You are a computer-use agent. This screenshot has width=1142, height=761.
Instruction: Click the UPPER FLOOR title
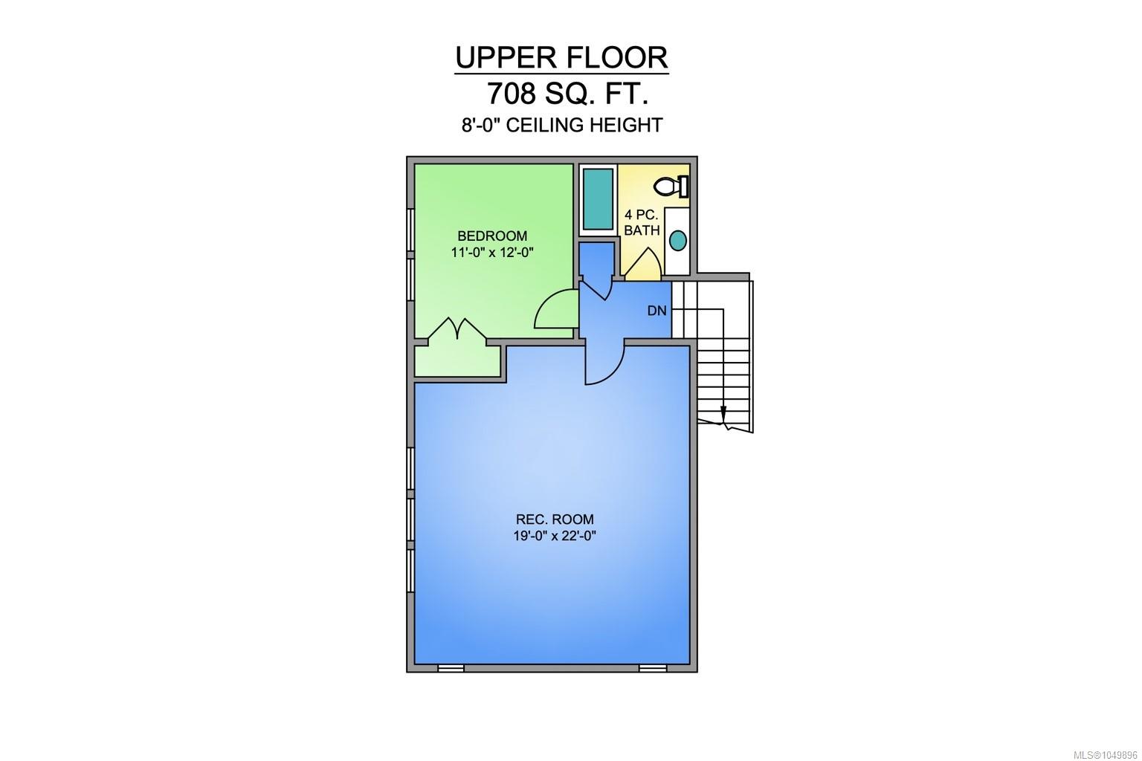(561, 58)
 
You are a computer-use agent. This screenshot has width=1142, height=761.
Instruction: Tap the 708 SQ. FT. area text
(567, 94)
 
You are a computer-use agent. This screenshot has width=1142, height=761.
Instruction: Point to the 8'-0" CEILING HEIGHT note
(562, 125)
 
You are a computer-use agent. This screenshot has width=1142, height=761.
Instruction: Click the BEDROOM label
(492, 236)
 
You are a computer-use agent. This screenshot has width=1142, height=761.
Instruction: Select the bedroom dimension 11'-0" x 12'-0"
(492, 253)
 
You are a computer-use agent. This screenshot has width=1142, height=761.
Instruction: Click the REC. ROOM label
(555, 519)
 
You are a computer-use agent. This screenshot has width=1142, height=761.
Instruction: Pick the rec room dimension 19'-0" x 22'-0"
(555, 536)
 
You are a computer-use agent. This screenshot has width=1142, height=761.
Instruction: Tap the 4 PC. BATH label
(642, 222)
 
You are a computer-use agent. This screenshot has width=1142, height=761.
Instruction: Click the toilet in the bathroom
(671, 186)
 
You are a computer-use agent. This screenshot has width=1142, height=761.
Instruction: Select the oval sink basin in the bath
(677, 240)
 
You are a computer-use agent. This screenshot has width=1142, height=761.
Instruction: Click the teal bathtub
(598, 199)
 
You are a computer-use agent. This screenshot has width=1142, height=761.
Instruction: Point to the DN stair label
(657, 311)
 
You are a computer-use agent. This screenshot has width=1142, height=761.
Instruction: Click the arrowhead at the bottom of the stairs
(723, 415)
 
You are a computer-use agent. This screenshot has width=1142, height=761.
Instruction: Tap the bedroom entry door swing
(554, 309)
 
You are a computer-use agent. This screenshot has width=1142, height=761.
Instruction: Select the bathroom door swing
(643, 264)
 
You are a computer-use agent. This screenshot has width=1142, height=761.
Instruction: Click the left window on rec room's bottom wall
(451, 668)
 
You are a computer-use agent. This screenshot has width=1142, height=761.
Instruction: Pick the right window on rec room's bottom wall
(653, 668)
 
